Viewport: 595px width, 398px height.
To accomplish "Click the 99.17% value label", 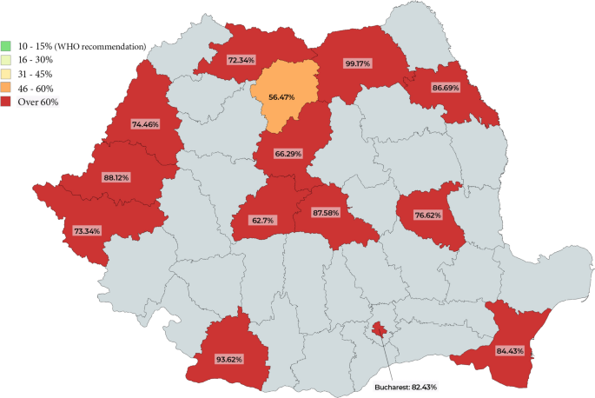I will (x=359, y=63).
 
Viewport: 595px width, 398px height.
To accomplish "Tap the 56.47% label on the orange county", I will (x=283, y=97).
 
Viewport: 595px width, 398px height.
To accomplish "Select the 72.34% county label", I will (x=241, y=60).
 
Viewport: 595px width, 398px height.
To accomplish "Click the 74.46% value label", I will (x=145, y=125).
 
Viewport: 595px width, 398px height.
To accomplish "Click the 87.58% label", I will (x=330, y=212).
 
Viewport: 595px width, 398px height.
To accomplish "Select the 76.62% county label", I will (x=428, y=215).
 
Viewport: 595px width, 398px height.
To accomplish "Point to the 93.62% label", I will (x=229, y=358).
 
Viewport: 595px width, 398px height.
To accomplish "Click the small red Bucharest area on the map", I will (x=379, y=329).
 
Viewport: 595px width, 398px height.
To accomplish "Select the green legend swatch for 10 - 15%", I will (x=6, y=46).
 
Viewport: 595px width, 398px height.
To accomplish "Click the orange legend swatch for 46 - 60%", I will (x=6, y=89).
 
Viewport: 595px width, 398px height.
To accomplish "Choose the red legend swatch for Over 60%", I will (x=6, y=103).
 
